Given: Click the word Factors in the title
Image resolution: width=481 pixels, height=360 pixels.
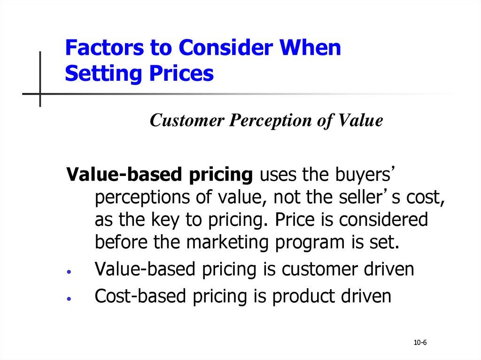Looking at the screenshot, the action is click(104, 47).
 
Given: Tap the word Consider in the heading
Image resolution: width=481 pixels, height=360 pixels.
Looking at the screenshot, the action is click(225, 47).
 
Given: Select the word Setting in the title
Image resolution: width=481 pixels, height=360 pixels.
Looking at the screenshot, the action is click(103, 74).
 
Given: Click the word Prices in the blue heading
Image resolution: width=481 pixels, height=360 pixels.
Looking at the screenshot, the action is click(181, 74).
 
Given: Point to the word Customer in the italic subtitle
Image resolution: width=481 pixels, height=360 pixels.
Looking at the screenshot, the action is click(187, 120).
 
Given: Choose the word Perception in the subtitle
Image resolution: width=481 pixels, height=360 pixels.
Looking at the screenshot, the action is click(270, 121).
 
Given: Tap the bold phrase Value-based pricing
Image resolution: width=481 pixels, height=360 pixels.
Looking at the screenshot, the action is click(160, 175).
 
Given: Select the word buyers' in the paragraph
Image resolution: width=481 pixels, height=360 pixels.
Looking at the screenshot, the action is click(364, 175).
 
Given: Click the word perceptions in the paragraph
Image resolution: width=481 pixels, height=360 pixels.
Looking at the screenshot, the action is click(142, 198).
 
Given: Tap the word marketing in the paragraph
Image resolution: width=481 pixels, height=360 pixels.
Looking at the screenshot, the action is click(227, 243).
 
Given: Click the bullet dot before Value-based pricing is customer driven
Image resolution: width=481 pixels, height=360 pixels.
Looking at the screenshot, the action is click(69, 272).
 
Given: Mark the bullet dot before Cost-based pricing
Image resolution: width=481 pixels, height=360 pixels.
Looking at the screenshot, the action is click(69, 299).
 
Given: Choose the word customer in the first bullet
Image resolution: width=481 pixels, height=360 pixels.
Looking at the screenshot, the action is click(319, 269).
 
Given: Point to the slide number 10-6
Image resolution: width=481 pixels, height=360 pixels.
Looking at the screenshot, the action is click(420, 343).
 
